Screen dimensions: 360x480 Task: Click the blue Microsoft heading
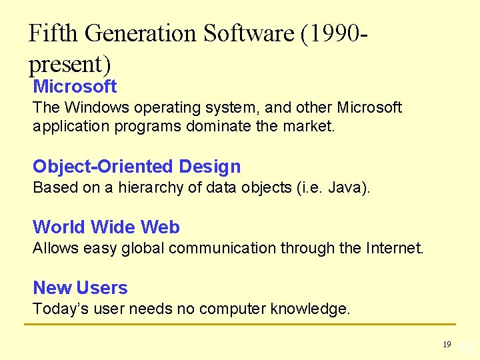pos(75,86)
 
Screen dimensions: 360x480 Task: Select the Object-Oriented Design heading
pos(137,166)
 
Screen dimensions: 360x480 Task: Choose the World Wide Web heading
pos(106,227)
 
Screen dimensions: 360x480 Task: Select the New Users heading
pos(80,287)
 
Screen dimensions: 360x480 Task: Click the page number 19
pos(447,344)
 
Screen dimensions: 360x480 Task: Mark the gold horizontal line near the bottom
pos(240,325)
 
